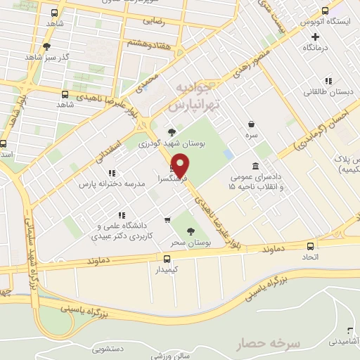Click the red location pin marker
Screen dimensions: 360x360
[x=181, y=165]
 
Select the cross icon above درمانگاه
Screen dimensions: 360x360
[x=316, y=36]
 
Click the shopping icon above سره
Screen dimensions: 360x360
[x=251, y=122]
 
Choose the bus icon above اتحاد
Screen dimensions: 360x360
[x=311, y=246]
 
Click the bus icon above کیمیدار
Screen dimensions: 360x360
[x=167, y=258]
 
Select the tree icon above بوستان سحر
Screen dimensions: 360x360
[x=191, y=231]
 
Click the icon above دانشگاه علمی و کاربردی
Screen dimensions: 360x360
[x=121, y=215]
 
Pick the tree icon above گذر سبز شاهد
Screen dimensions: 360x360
[x=46, y=46]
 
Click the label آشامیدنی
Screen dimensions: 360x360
[x=344, y=341]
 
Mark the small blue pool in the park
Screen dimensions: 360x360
[x=228, y=153]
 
